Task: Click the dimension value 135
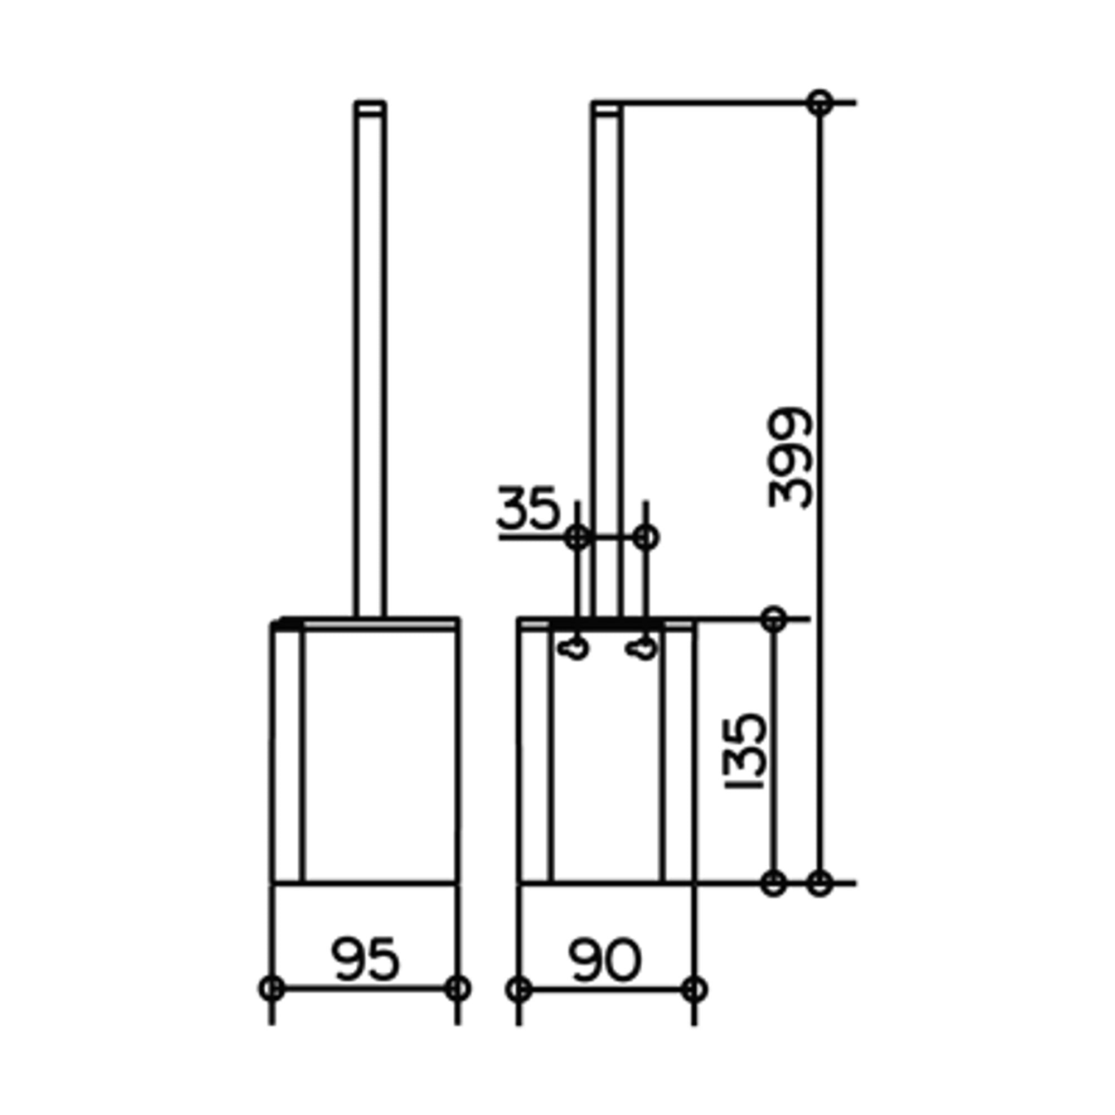point(744,752)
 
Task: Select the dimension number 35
point(528,508)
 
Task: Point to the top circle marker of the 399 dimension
point(820,103)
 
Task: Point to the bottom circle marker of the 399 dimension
point(820,884)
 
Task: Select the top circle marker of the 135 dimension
point(773,619)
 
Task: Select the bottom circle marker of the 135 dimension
point(773,884)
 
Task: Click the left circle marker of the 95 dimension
point(272,989)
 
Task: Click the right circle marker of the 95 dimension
point(458,989)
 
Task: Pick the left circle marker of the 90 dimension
point(519,989)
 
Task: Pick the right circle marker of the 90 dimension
point(694,989)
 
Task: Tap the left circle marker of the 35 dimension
point(578,538)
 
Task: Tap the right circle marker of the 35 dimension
point(646,538)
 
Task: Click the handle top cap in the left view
point(370,109)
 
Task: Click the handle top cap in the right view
point(607,109)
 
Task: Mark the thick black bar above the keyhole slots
point(606,626)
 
